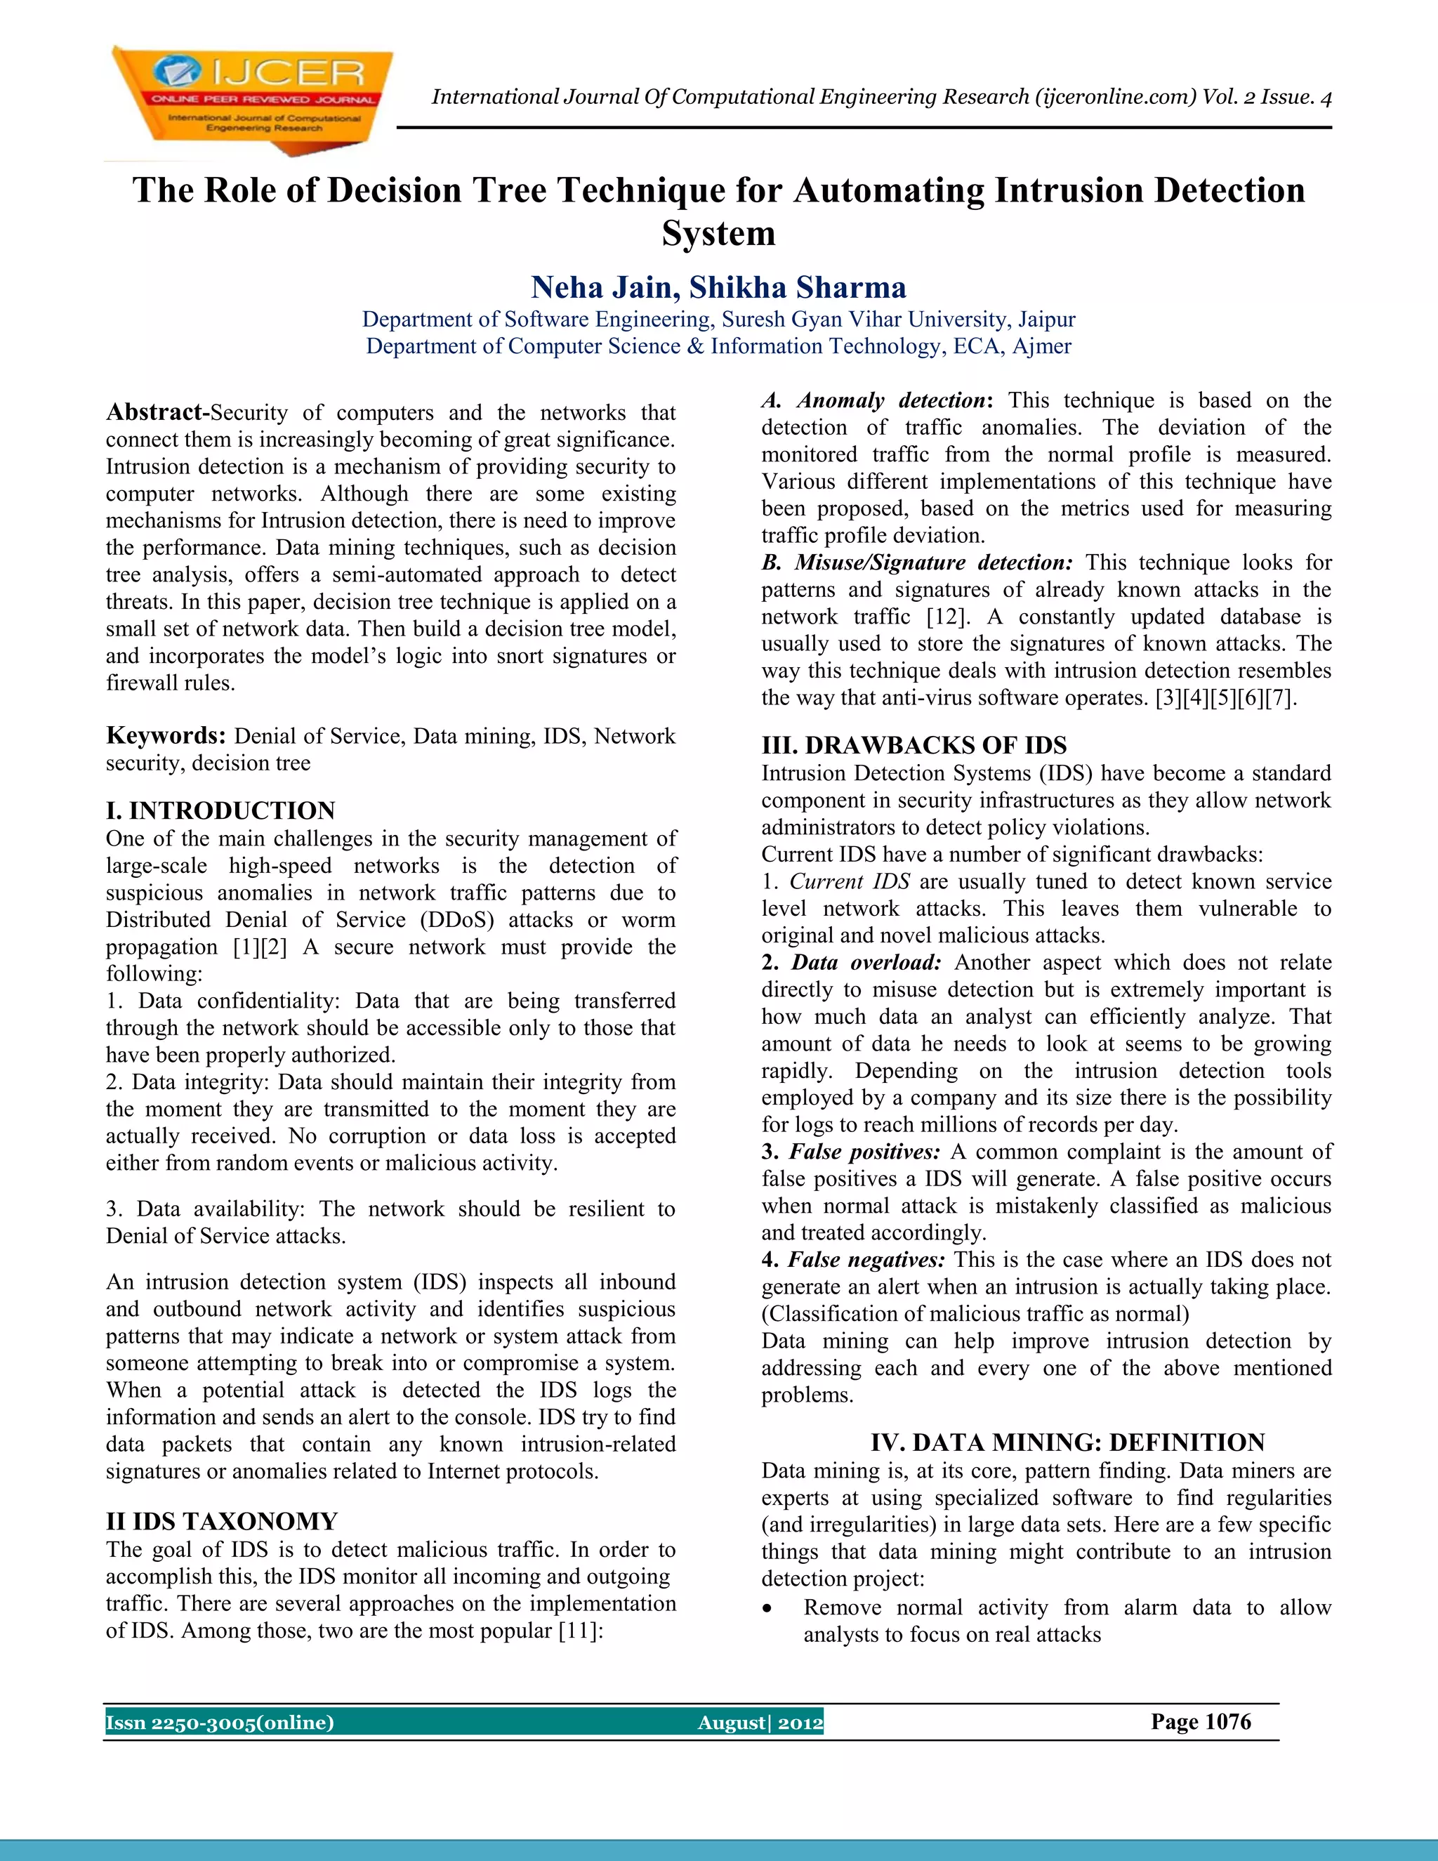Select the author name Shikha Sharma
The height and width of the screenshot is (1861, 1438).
(798, 288)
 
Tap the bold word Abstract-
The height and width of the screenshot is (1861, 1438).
(157, 412)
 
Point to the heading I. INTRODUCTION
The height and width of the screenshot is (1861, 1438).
(220, 810)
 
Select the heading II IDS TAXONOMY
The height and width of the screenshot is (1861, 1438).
(221, 1521)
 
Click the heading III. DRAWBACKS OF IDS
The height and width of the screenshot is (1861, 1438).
(913, 746)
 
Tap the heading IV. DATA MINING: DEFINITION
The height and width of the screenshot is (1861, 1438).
(1067, 1442)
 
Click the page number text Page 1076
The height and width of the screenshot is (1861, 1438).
(1200, 1722)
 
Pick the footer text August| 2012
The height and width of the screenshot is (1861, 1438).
(760, 1723)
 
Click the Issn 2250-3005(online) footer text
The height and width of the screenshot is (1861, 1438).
(220, 1723)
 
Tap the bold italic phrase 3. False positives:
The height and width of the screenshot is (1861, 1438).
(850, 1151)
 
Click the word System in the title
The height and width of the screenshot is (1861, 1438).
(718, 233)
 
